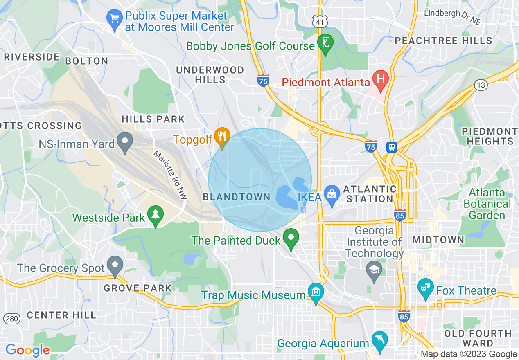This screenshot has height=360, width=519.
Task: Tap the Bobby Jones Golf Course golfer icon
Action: (325, 42)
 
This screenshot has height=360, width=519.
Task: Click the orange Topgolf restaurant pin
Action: (222, 136)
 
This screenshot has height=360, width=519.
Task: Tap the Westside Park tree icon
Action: (155, 215)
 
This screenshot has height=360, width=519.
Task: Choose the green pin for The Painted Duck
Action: (291, 238)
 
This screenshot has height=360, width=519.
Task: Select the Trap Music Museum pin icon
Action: (316, 292)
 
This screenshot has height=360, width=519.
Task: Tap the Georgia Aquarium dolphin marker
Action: (380, 340)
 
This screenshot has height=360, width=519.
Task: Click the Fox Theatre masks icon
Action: (426, 288)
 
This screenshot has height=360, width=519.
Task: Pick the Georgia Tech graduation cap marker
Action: (375, 270)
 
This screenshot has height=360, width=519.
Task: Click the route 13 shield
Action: (481, 85)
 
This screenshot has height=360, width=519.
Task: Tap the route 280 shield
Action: (10, 318)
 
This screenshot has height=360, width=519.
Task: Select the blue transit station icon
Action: (392, 147)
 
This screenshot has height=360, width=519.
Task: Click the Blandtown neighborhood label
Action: (237, 197)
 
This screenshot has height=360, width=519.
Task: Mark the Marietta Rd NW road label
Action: (170, 175)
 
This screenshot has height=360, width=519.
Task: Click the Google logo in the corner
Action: (27, 350)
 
